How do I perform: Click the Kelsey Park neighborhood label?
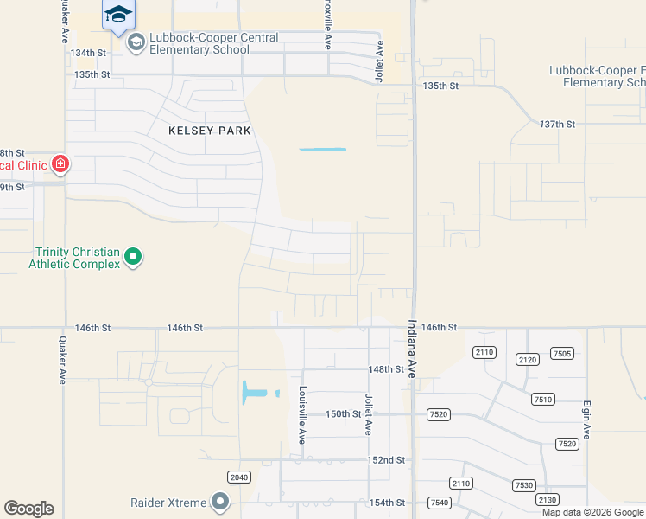point(210,131)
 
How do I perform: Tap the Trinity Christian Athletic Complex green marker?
point(133,256)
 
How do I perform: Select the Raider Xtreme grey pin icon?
point(220,502)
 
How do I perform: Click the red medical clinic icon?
point(60,163)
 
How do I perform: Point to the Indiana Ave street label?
point(412,349)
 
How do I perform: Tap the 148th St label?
point(386,369)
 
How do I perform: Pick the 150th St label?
point(343,414)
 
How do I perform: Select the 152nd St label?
point(386,460)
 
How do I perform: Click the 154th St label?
point(386,503)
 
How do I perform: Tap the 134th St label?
point(88,53)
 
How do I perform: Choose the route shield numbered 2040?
point(239,477)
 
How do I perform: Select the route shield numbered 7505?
point(562,353)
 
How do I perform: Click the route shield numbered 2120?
point(528,359)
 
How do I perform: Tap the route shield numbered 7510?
point(543,399)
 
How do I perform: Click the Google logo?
point(28,509)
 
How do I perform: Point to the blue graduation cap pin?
point(118,13)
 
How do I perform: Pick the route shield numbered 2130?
point(547,500)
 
